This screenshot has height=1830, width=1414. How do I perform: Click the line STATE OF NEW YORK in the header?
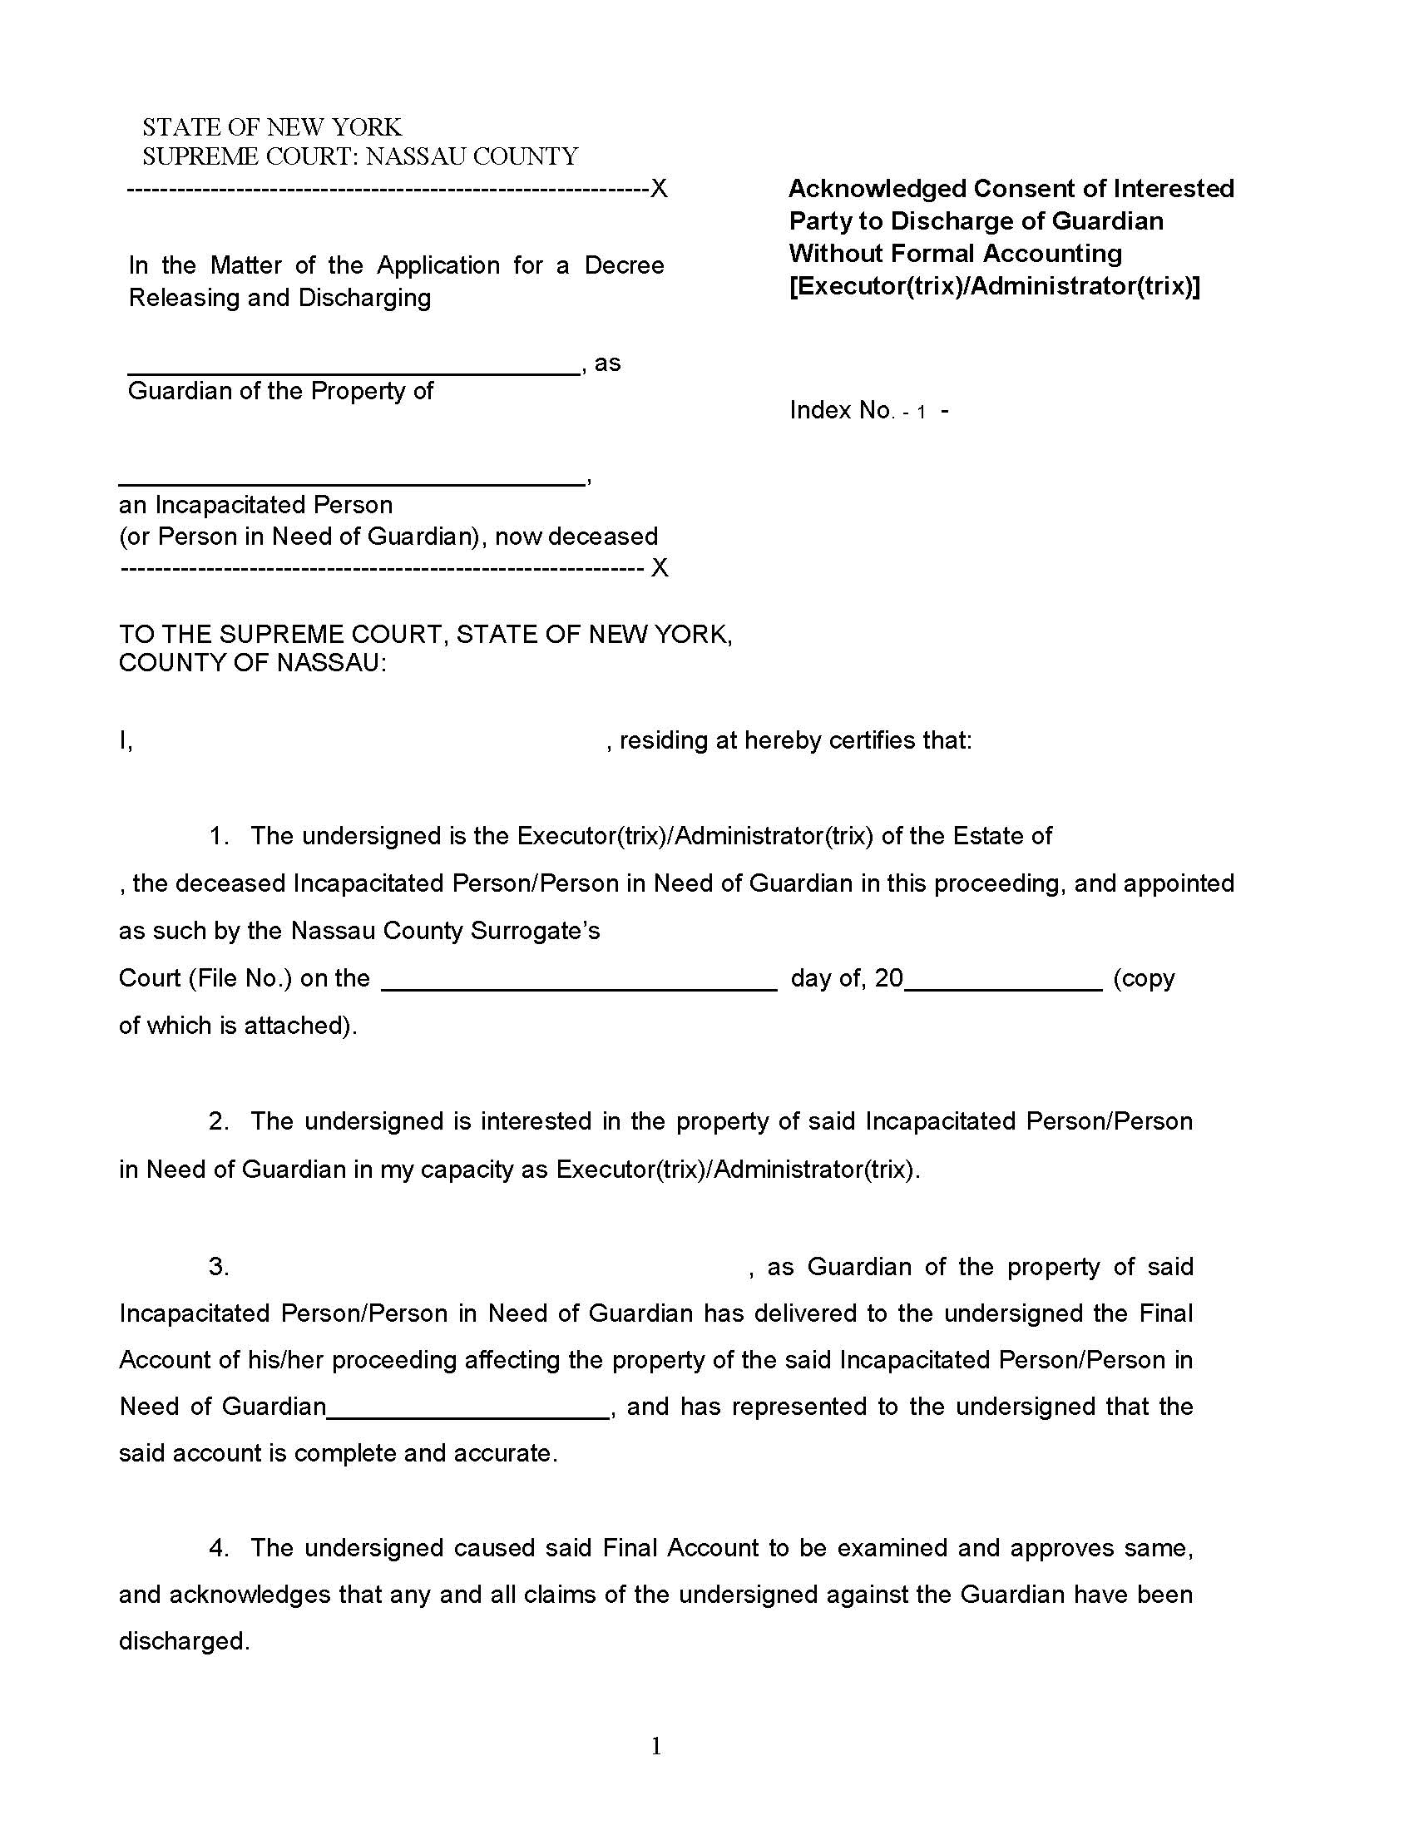pos(271,127)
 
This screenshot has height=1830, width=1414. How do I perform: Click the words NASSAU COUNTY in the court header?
pos(472,156)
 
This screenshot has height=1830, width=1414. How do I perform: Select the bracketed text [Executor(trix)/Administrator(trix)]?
pos(994,287)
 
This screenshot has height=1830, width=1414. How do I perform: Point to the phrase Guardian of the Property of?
pos(280,391)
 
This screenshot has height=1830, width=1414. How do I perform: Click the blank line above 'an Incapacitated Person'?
pos(351,482)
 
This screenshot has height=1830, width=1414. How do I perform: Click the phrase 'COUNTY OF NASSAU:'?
pos(253,663)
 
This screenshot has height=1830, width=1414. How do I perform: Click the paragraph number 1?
pos(219,836)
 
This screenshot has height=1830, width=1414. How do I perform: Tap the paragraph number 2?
pos(219,1121)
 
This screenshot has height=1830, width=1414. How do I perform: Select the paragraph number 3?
pos(219,1267)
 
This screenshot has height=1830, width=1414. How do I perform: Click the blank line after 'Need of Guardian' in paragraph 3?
pos(468,1415)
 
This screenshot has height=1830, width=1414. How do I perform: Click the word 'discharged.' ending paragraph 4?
pos(185,1640)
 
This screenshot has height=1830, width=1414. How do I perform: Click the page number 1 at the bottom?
pos(657,1746)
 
